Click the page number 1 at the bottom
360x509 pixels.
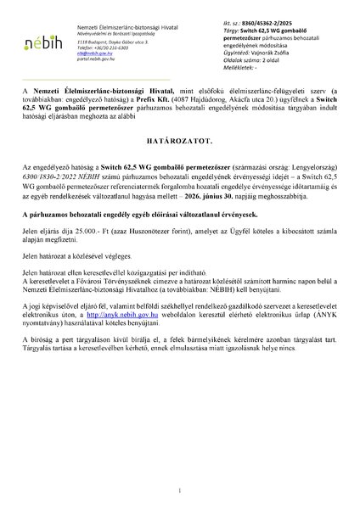180,490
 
